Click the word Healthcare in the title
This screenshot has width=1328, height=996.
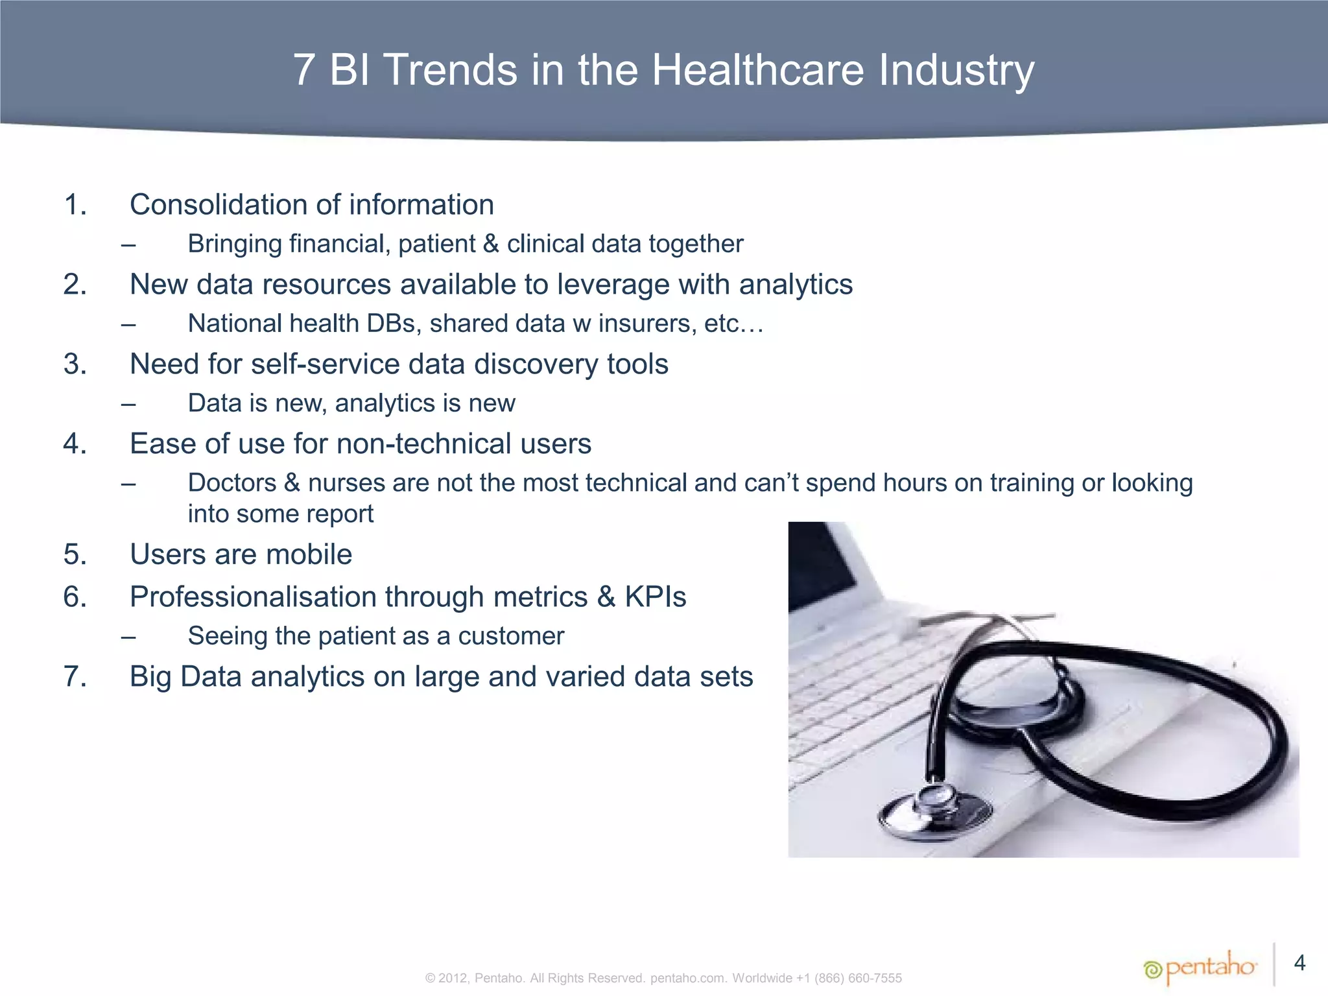coord(757,69)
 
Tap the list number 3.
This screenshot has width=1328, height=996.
coord(75,364)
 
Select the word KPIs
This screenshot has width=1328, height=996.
coord(655,597)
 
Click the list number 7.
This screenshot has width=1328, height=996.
coord(75,676)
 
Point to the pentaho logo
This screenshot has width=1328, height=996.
coord(1200,968)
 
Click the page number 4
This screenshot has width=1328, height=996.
coord(1299,963)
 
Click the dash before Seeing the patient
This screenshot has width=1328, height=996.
coord(128,637)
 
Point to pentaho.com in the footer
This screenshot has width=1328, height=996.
coord(688,978)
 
